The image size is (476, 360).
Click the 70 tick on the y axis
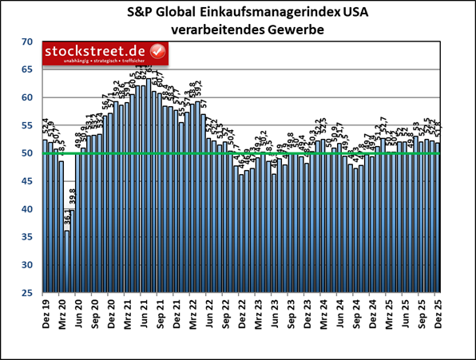coord(26,42)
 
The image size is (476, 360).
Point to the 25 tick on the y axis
coord(26,292)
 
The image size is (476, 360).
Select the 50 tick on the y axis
coord(26,153)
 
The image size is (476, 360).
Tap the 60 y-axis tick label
coord(26,97)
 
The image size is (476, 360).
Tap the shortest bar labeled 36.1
coord(67,261)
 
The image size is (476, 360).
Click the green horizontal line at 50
coord(240,152)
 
